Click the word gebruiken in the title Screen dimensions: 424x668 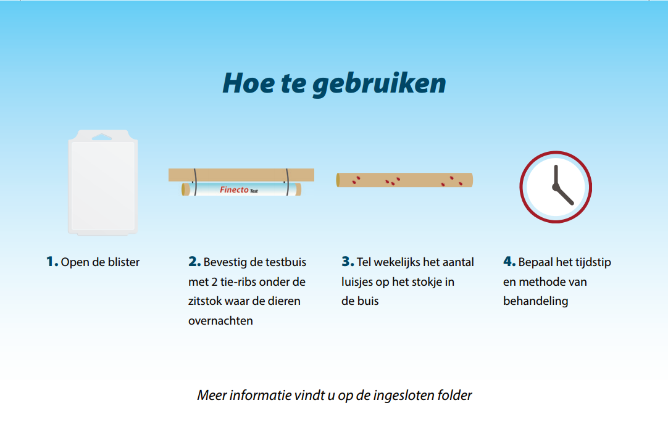click(x=379, y=84)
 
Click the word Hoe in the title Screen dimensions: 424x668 click(x=243, y=83)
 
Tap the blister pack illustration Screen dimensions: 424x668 click(x=102, y=185)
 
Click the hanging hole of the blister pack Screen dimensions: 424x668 click(x=102, y=136)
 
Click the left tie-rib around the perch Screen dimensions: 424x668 click(x=194, y=181)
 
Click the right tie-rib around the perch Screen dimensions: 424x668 click(x=286, y=181)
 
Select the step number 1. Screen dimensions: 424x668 click(x=52, y=262)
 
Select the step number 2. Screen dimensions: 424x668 click(x=194, y=262)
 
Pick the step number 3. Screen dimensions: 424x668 click(x=348, y=262)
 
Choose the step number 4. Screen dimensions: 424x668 click(x=509, y=262)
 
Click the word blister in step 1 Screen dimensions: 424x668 click(x=122, y=262)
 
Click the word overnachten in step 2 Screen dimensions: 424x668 click(x=220, y=322)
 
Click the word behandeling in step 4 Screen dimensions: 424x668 click(x=535, y=302)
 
